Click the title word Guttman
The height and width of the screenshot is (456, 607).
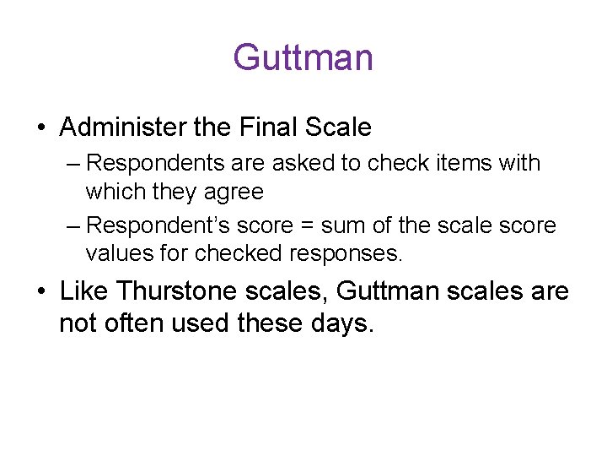coord(303,57)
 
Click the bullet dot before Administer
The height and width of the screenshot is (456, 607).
coord(41,128)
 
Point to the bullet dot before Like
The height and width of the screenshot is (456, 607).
coord(41,291)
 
